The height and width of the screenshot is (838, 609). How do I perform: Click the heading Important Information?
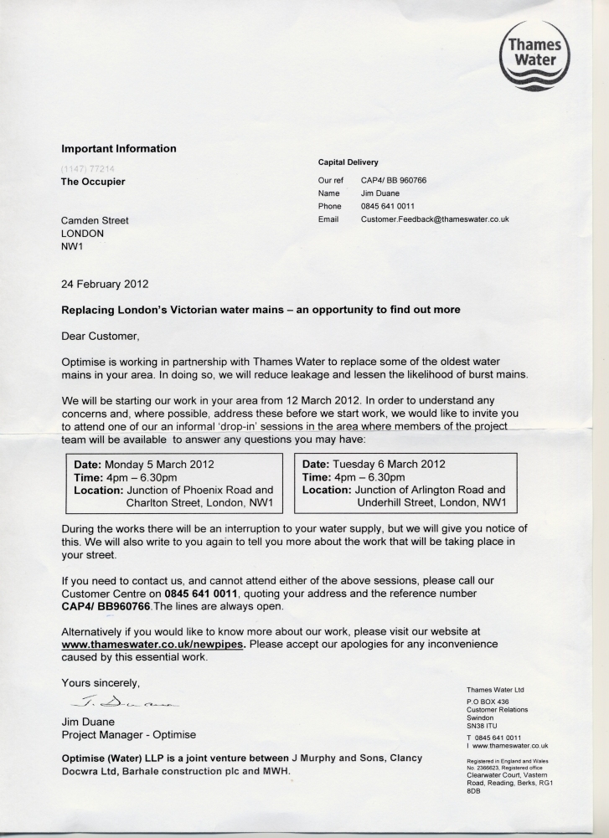click(x=119, y=149)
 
